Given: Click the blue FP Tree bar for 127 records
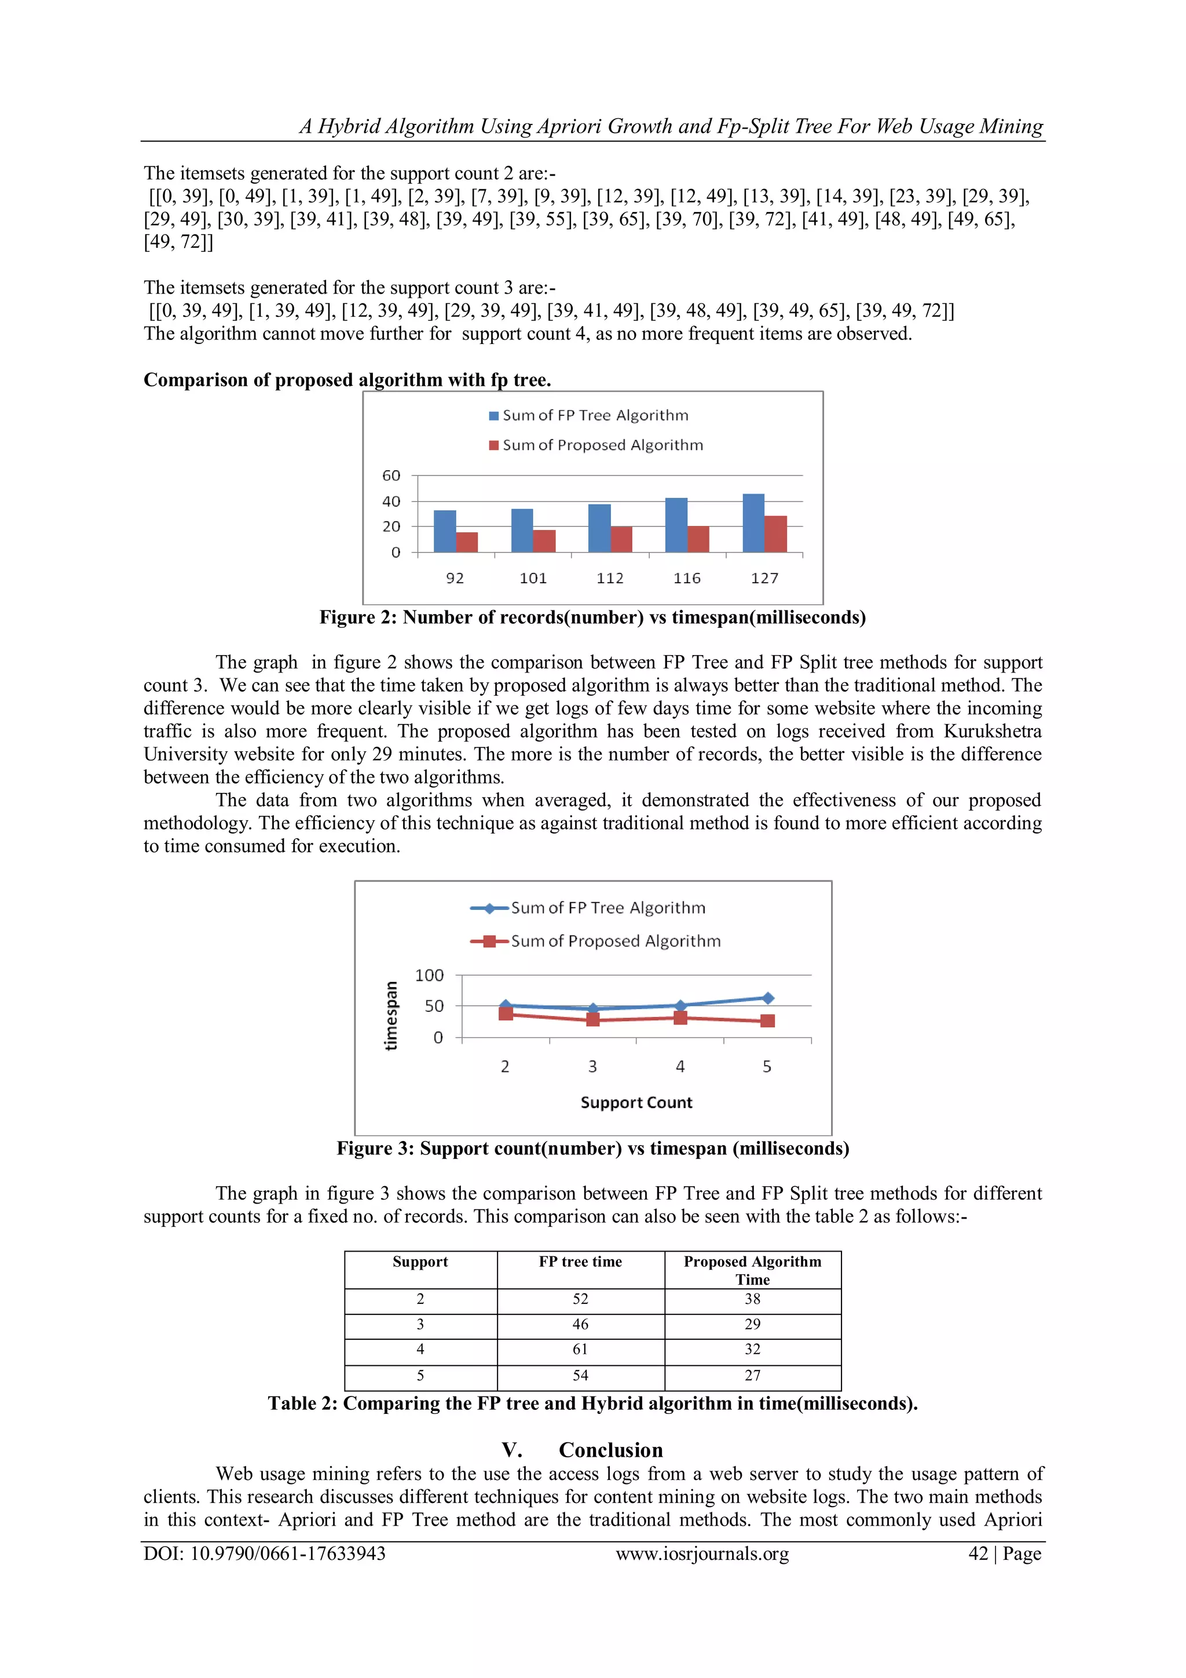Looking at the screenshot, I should pos(753,522).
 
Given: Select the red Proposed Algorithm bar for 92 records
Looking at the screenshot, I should pos(467,542).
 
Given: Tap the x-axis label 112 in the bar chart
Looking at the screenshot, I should pos(609,578).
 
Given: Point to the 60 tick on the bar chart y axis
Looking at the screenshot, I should pos(391,476).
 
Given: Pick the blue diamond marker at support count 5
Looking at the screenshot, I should pos(767,999).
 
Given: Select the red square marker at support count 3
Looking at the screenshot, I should pos(592,1019).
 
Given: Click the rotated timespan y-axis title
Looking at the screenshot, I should pos(391,1015).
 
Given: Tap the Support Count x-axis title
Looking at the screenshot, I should pos(636,1103).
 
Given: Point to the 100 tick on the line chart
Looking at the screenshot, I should pos(429,975).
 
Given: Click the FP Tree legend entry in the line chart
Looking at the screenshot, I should pos(588,908).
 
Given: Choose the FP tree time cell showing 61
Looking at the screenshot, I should pos(580,1350).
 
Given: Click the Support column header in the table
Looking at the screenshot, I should pos(420,1262).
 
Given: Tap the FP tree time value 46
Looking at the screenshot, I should pos(580,1324).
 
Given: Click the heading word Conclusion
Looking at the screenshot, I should pos(611,1450).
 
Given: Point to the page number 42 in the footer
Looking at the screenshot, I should pos(978,1554).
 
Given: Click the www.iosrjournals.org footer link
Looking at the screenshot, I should pos(702,1554).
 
